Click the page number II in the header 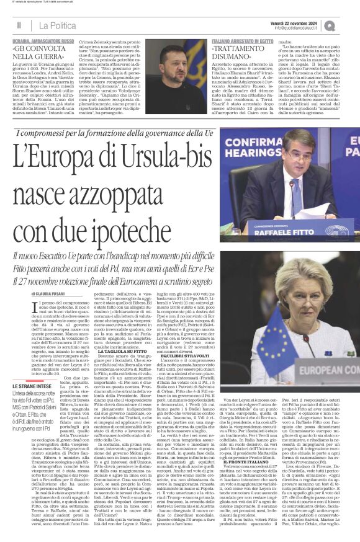(x=19, y=25)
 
